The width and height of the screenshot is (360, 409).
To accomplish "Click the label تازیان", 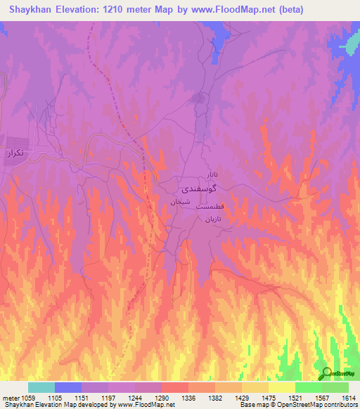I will click(213, 220).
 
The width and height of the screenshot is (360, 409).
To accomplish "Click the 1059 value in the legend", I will click(27, 398).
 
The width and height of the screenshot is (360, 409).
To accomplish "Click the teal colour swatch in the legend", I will click(41, 387).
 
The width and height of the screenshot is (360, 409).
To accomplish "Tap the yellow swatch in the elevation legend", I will click(281, 387).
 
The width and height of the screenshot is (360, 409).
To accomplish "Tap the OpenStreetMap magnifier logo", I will click(326, 373).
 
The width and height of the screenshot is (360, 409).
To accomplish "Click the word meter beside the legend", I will click(10, 398).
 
